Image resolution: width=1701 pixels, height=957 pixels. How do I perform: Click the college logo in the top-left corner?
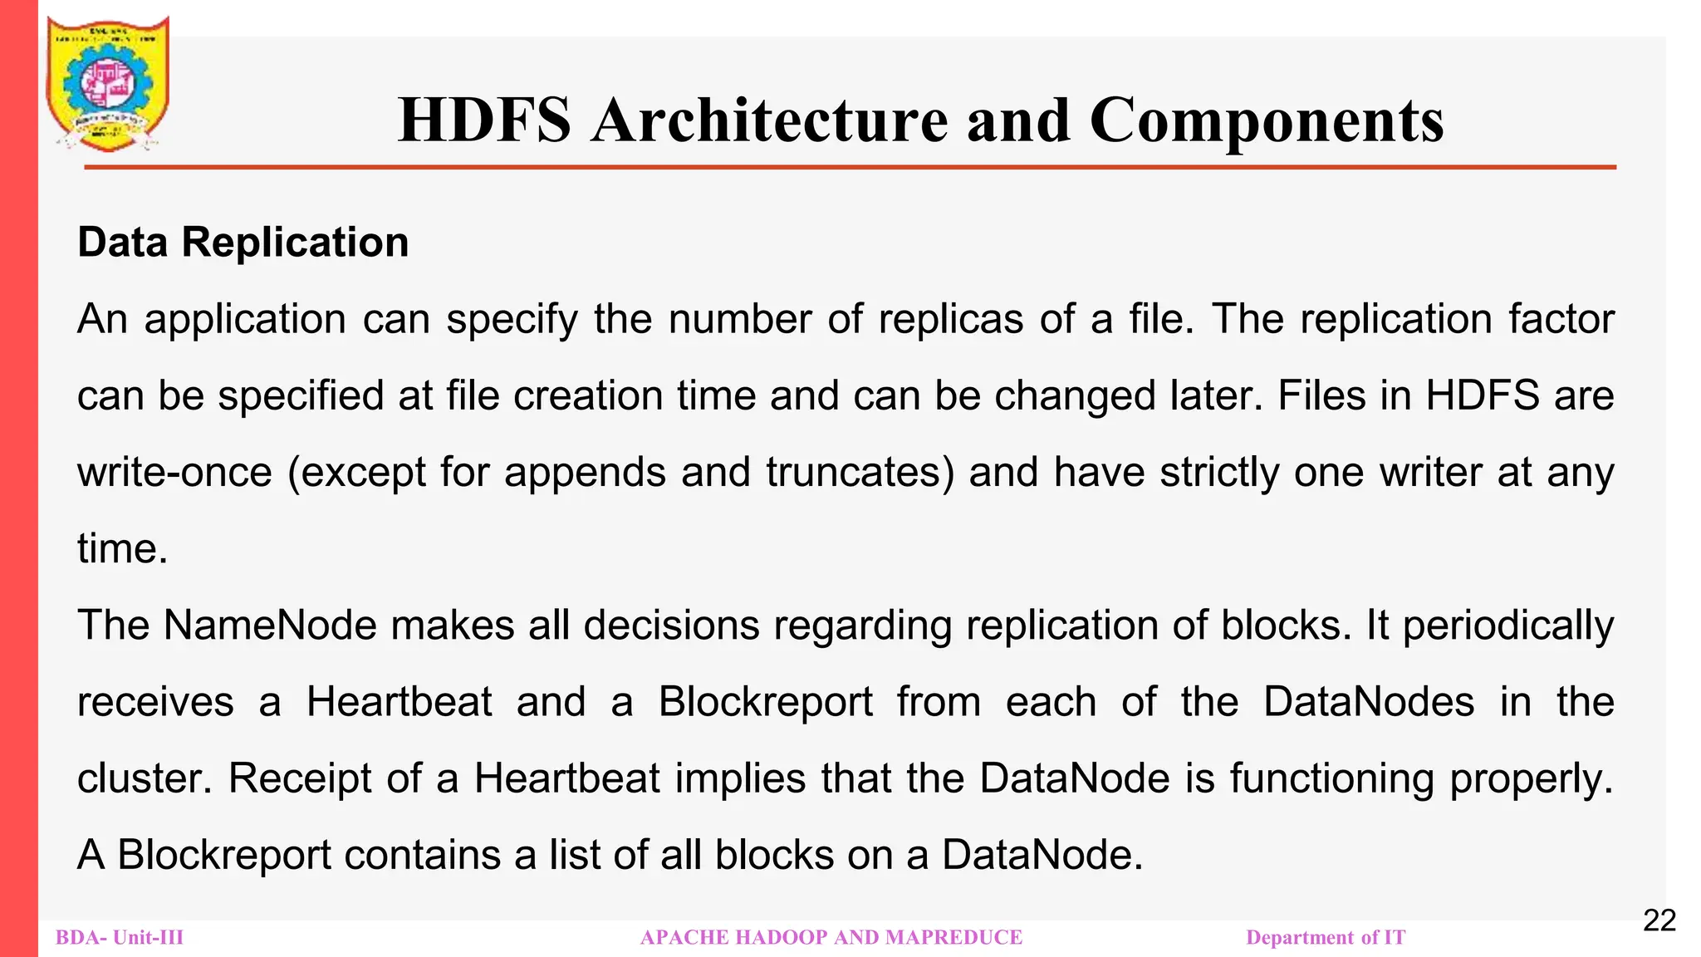click(108, 83)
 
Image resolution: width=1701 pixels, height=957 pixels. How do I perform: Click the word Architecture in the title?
click(770, 120)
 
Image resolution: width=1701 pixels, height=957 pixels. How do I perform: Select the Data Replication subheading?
click(243, 243)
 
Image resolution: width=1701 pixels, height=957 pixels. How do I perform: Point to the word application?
click(245, 320)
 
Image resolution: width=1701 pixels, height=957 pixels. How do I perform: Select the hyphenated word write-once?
click(174, 473)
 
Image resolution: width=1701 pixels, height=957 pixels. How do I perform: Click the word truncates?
click(860, 473)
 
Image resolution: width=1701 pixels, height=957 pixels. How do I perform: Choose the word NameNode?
click(270, 626)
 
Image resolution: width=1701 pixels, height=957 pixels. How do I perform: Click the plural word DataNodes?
click(1369, 702)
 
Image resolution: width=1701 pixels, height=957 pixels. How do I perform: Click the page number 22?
click(1659, 920)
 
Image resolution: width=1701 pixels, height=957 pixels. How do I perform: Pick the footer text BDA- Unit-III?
click(120, 938)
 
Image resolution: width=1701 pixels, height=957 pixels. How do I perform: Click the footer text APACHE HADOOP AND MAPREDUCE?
click(831, 938)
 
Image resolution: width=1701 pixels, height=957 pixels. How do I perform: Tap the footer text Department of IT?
click(1326, 938)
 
